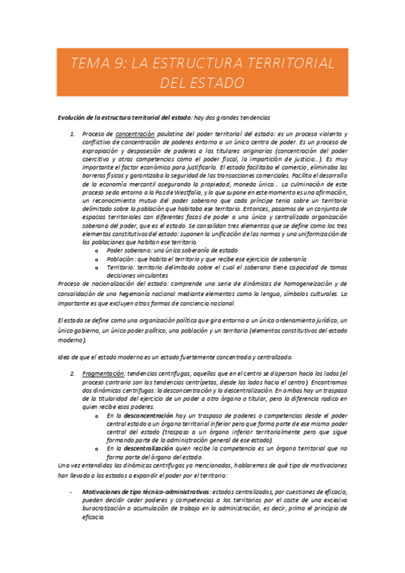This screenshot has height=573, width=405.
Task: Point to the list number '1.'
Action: (74, 134)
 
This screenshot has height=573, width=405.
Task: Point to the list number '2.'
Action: (74, 373)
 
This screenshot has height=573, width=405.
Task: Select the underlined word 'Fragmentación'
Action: (103, 373)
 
